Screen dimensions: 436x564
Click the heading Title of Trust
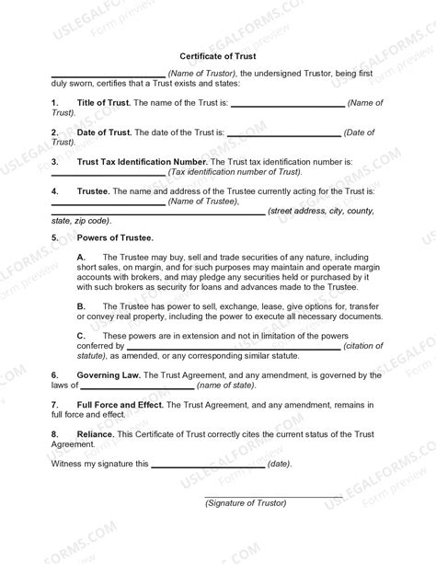coord(105,103)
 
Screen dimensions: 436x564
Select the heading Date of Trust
coord(106,133)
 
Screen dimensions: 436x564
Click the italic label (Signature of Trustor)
coord(246,503)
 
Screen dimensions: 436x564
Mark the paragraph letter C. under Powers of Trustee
coord(81,336)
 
